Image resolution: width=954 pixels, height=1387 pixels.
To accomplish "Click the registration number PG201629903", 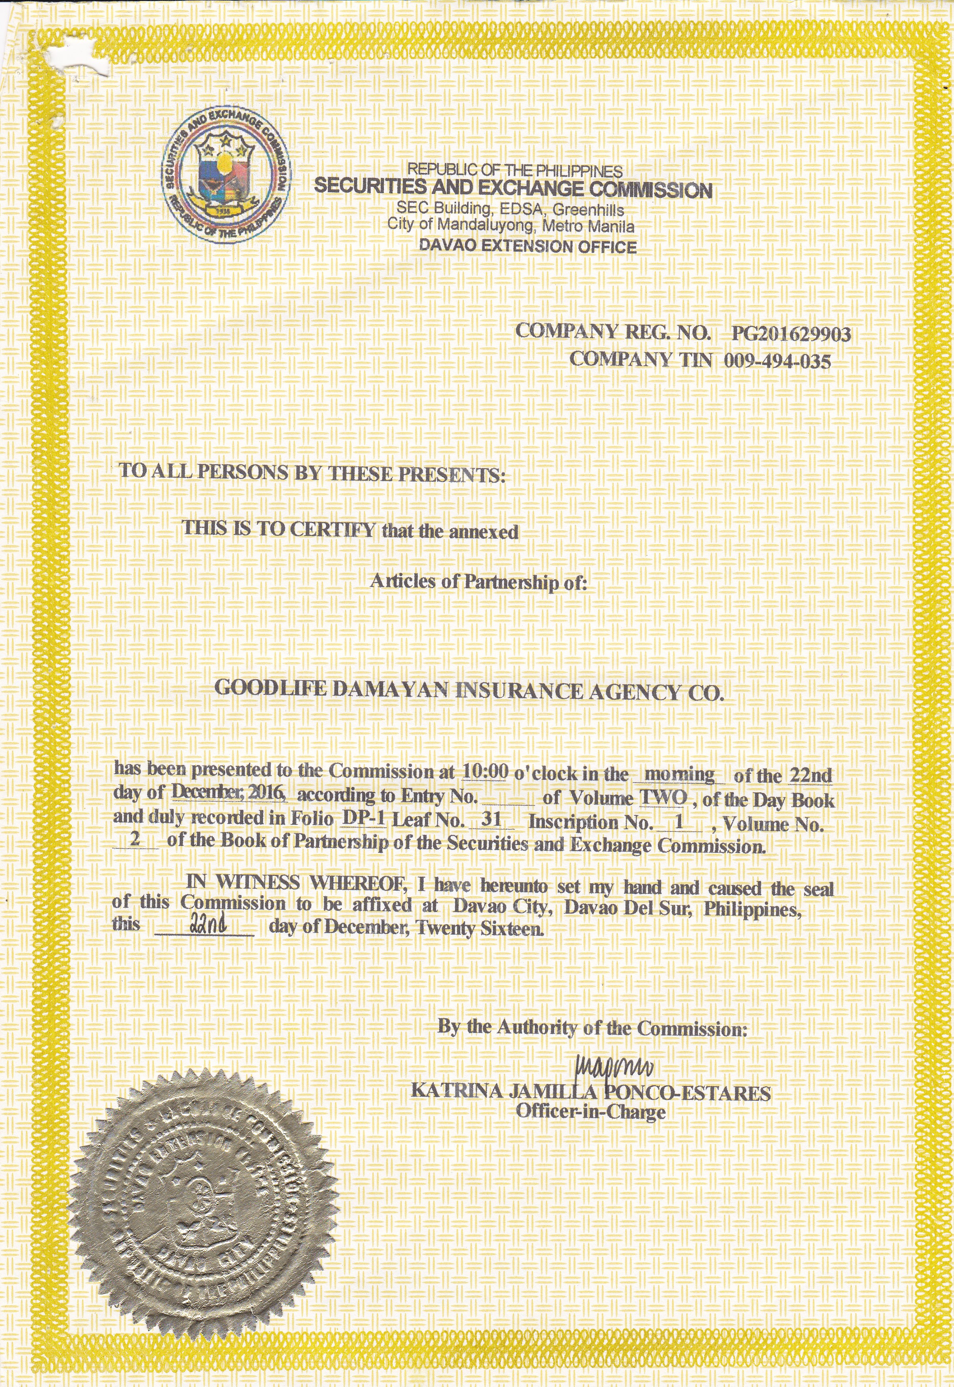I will pos(791,334).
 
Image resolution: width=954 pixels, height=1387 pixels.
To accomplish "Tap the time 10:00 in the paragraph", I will pos(485,772).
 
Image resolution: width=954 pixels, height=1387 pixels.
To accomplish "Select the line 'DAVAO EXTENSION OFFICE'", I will pos(528,246).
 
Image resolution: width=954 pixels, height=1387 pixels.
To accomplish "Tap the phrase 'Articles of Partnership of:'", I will pos(479,581).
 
